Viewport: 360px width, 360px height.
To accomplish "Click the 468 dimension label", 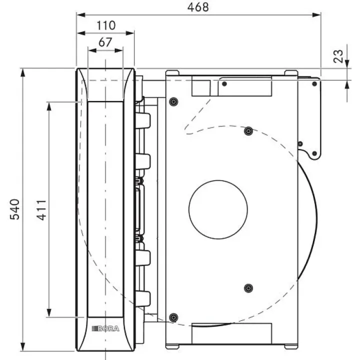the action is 198,7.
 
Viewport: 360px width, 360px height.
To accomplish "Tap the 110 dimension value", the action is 106,25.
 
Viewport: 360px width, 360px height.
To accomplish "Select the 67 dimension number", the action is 105,42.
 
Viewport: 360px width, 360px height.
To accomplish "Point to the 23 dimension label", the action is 338,56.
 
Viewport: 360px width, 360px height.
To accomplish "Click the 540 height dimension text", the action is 14,209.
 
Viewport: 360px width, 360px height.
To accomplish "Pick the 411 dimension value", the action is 41,210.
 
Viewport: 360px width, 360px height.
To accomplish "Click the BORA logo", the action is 105,328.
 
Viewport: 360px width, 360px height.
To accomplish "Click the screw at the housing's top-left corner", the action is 173,101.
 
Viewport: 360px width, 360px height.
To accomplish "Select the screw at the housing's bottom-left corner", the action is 173,317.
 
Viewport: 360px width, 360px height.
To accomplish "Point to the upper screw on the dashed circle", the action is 248,131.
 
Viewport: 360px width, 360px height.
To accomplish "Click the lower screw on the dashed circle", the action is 248,288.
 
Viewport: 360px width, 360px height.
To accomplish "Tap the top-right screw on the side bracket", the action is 314,84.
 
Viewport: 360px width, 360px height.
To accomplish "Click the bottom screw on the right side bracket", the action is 314,153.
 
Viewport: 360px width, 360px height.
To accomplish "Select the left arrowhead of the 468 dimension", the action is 81,15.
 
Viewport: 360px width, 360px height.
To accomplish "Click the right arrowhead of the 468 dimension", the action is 316,15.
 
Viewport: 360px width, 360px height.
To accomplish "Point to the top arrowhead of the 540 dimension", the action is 22,73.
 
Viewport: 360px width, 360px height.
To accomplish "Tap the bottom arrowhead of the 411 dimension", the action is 49,312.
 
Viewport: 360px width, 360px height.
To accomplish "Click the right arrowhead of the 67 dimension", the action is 118,50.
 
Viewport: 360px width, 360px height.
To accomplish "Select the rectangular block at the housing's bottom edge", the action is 231,333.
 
